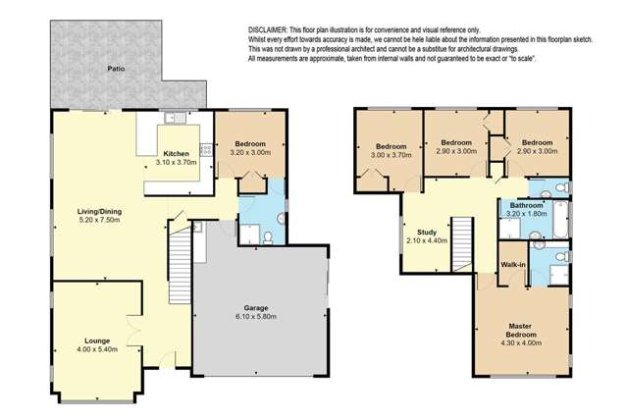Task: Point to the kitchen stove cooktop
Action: [x=207, y=149]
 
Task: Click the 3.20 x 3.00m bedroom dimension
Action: [x=249, y=153]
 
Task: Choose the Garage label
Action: [x=259, y=307]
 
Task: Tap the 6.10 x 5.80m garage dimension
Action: [x=259, y=317]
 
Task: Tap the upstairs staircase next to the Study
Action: [x=458, y=239]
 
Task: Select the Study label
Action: [x=426, y=232]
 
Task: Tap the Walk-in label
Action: [x=514, y=264]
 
